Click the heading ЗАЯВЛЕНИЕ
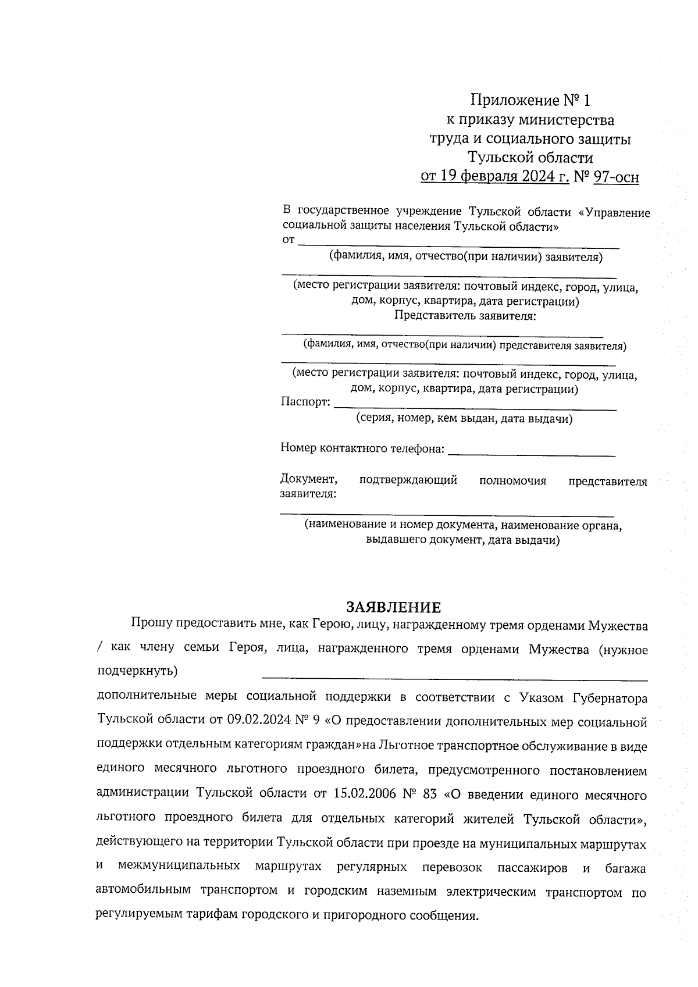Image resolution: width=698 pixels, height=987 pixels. [394, 608]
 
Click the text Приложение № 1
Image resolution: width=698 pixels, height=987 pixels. [530, 101]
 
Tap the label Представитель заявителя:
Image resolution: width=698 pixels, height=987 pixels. [465, 316]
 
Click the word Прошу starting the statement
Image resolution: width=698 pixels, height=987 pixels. [151, 625]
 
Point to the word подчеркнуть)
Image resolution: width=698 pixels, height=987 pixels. [137, 671]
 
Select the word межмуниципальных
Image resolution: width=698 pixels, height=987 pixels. [179, 866]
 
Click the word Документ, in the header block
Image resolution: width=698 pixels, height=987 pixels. [309, 480]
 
